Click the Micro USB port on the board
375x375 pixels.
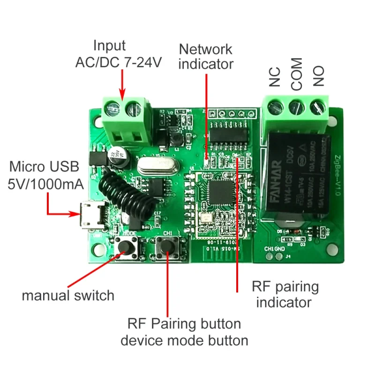coord(89,215)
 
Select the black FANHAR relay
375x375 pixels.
coord(298,174)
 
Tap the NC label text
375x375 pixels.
coord(275,77)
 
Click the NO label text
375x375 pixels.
coord(319,76)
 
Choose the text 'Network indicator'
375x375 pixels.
coord(205,56)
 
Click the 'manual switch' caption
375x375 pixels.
coord(68,296)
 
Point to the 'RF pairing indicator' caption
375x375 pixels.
coord(285,294)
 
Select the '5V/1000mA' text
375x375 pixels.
coord(46,184)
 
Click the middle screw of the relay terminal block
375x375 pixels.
coord(296,107)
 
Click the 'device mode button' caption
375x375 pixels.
coord(184,340)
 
